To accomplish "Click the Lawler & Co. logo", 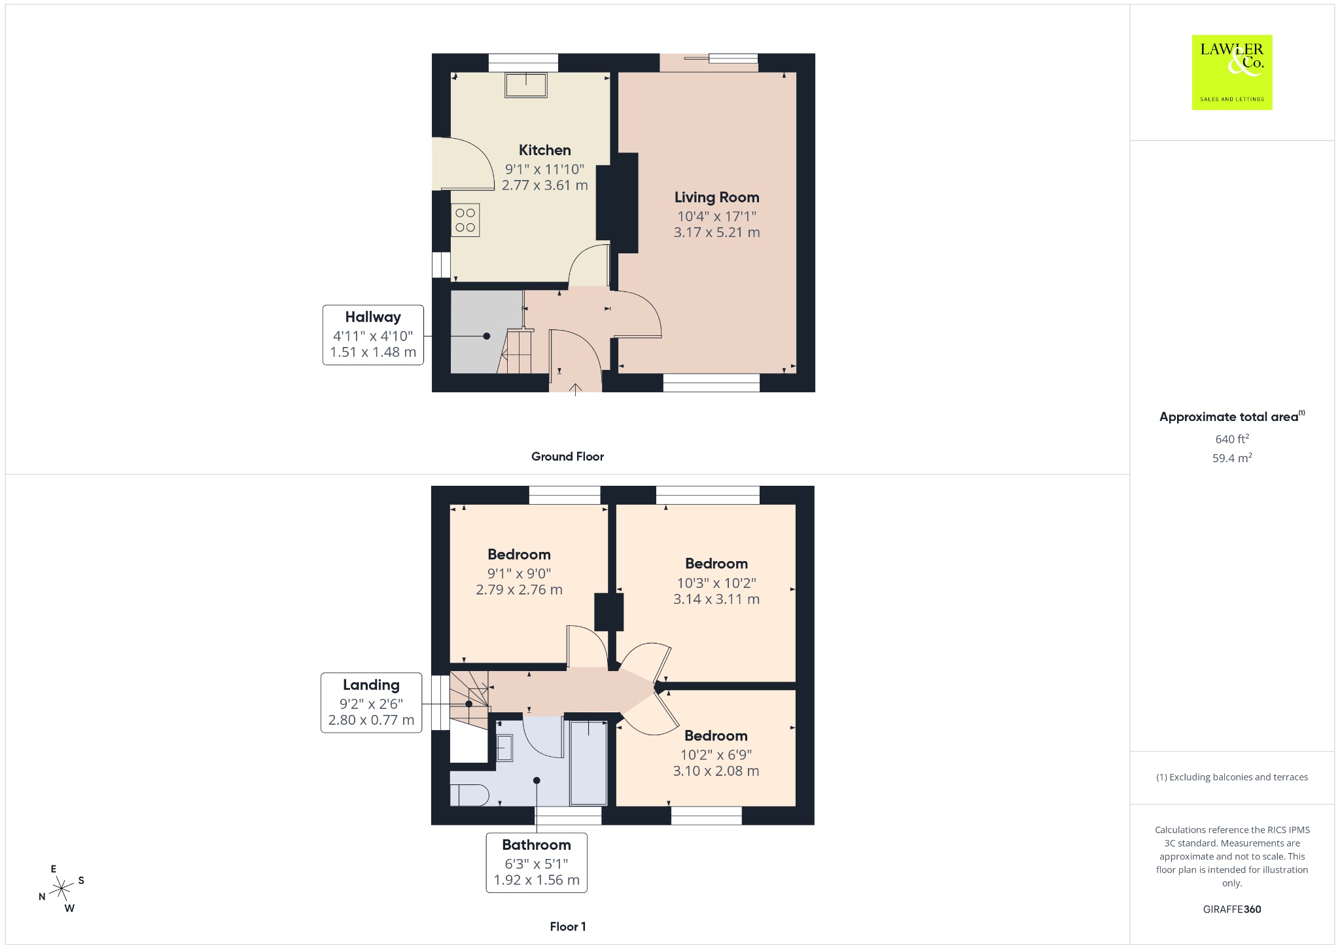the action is [x=1231, y=72].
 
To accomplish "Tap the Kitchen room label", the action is [x=544, y=150].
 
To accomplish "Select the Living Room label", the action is [x=716, y=197].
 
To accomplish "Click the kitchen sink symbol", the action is [x=525, y=85].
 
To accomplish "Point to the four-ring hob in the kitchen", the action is [x=465, y=220].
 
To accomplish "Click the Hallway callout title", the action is [x=373, y=317].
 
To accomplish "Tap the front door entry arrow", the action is [x=575, y=390].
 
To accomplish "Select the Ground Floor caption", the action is [x=567, y=456].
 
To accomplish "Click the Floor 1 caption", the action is [x=568, y=926].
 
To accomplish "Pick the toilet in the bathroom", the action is [x=469, y=795].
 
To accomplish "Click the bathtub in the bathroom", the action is [x=589, y=763].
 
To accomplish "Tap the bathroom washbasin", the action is [x=504, y=748].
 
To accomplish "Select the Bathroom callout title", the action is [x=537, y=845].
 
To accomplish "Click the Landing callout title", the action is [x=371, y=685].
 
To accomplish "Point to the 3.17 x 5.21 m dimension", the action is [x=716, y=232].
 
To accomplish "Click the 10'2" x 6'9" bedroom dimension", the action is [x=716, y=754].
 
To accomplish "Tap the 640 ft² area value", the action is [x=1232, y=439].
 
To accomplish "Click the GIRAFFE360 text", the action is [x=1232, y=909].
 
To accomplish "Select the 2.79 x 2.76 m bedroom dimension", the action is [x=519, y=589].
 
